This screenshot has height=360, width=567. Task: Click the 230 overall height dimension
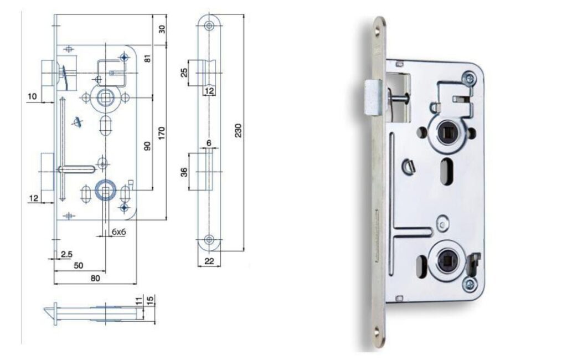coord(238,131)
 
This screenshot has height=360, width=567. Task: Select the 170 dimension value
coord(161,133)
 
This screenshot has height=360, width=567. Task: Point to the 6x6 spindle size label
coord(118,232)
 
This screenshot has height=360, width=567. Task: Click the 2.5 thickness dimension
coord(66,254)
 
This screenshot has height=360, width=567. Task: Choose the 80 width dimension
coord(95,278)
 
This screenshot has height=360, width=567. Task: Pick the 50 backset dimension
coord(79,265)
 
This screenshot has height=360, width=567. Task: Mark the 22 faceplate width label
coord(209,261)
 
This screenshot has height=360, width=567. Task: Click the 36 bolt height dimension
coord(184,172)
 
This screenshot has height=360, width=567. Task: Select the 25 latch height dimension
coord(184,73)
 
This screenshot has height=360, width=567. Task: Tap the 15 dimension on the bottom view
coord(151,299)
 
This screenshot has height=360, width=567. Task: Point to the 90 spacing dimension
coord(147,146)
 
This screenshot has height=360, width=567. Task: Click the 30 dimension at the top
coord(162,29)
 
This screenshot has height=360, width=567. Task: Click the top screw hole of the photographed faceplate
coord(378,32)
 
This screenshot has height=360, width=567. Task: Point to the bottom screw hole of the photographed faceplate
coord(378,331)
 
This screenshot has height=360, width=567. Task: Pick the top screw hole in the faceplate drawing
coord(209,25)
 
